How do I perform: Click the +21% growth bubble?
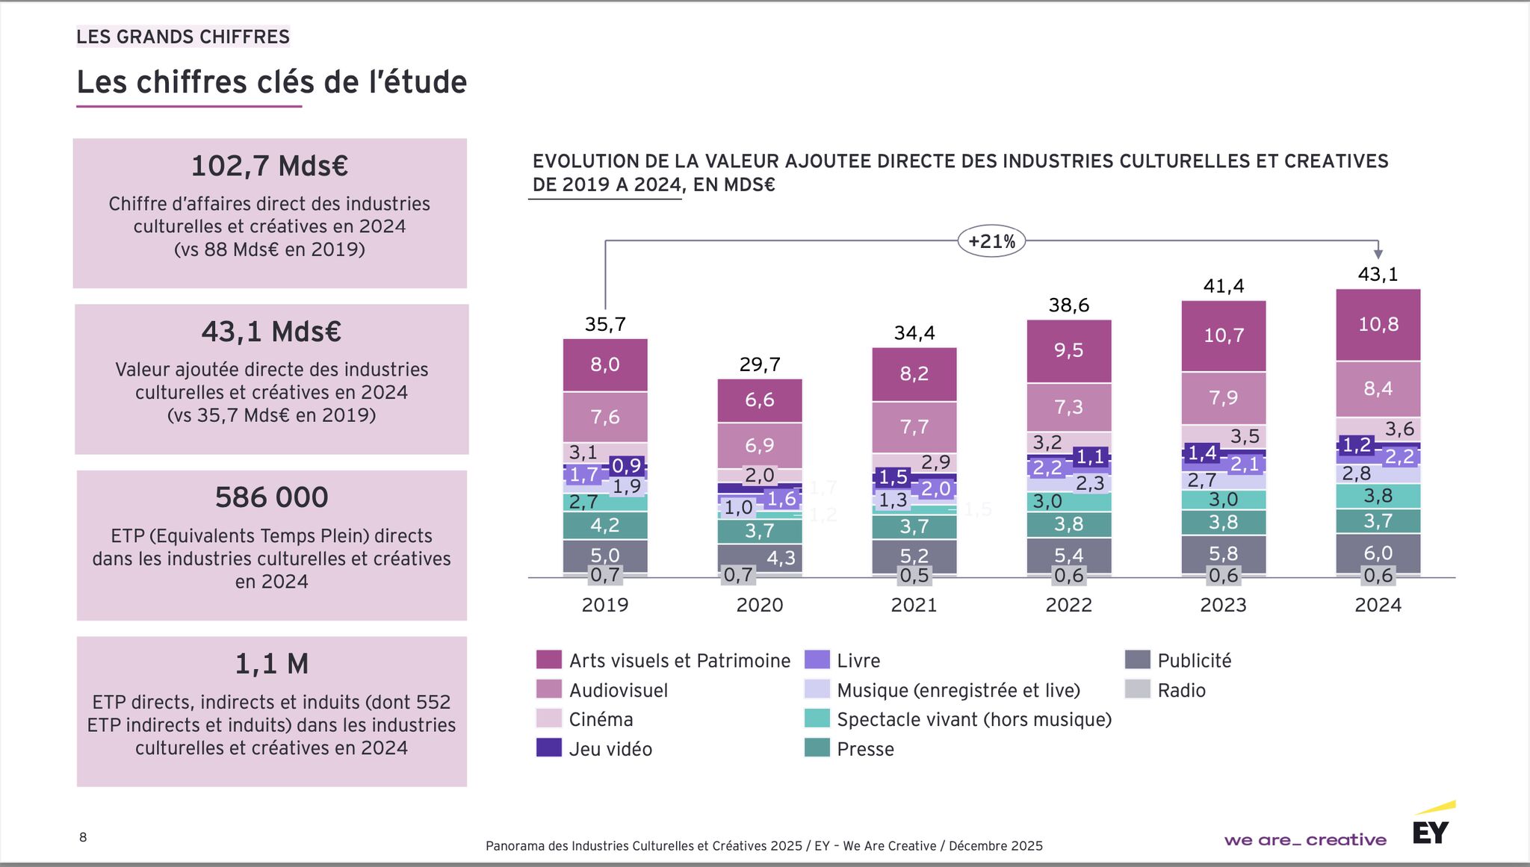(x=991, y=241)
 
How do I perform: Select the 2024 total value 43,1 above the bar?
(x=1378, y=274)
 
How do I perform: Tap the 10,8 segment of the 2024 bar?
(x=1378, y=324)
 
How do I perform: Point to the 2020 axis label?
(x=759, y=605)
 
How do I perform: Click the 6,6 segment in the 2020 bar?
(x=759, y=400)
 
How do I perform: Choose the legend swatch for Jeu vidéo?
(x=548, y=748)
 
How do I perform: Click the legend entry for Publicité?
(x=1194, y=660)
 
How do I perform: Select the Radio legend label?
(x=1181, y=690)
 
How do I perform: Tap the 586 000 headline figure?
(x=271, y=497)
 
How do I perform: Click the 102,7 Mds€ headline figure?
(x=270, y=166)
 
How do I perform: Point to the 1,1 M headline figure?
(x=271, y=663)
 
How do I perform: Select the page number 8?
(x=83, y=837)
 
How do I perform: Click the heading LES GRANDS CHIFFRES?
(x=183, y=37)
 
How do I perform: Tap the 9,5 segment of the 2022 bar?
(x=1068, y=350)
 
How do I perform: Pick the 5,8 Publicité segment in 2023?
(x=1223, y=553)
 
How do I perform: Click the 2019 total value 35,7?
(x=604, y=324)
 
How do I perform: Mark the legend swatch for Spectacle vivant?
(x=817, y=718)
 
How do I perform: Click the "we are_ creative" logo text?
(x=1304, y=840)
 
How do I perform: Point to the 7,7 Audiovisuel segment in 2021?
(x=914, y=426)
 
